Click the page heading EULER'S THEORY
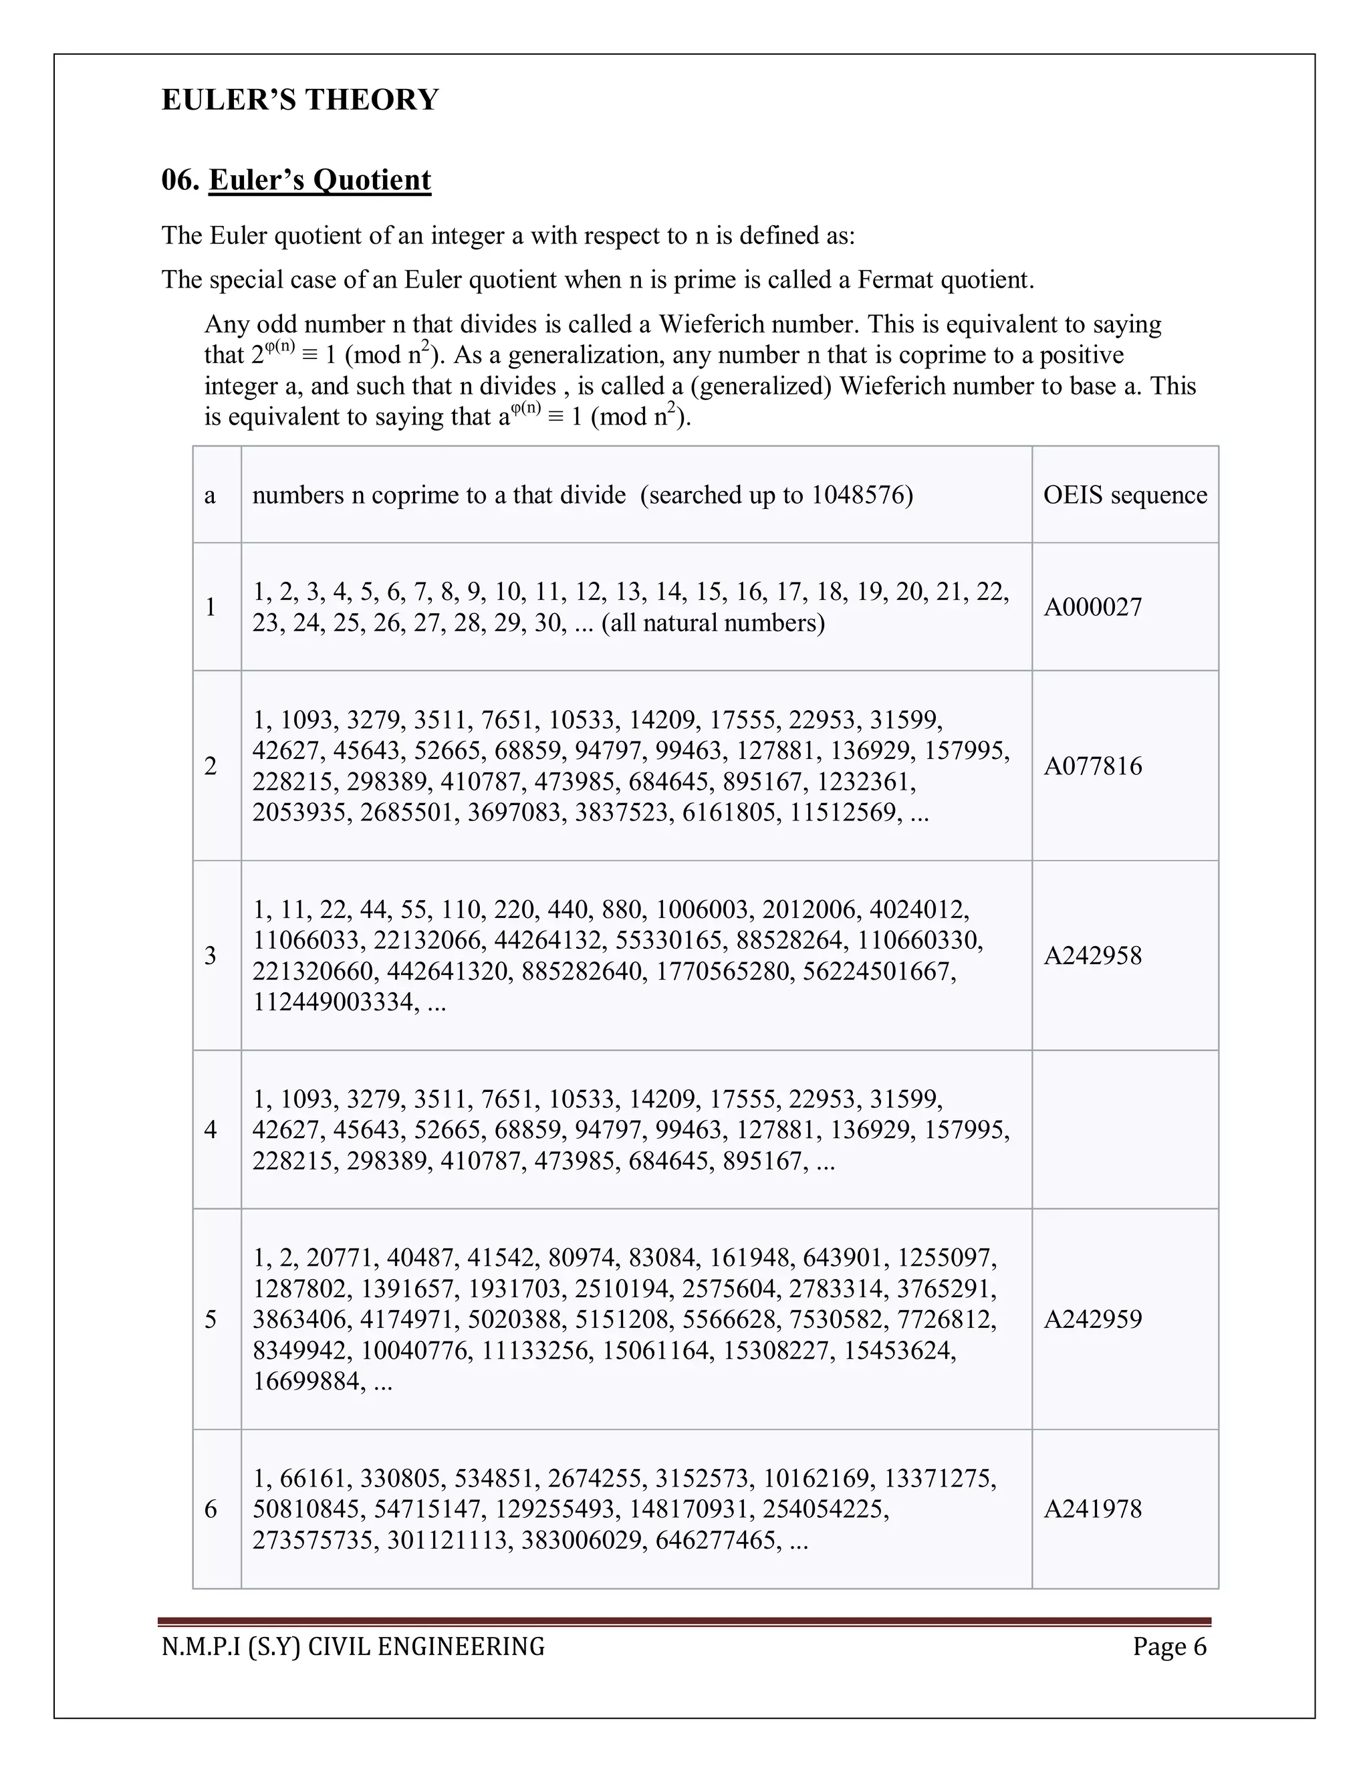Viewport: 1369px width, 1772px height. click(x=300, y=100)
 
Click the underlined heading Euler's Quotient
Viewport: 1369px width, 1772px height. click(x=320, y=179)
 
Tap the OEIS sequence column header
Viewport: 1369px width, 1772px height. click(x=1124, y=495)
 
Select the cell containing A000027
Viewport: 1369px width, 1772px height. click(x=1092, y=607)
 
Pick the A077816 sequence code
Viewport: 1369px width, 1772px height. click(x=1092, y=766)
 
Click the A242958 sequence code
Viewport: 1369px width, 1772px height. click(x=1092, y=956)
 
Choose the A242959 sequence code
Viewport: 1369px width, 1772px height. click(x=1092, y=1319)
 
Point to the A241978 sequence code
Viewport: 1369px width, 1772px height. click(x=1092, y=1509)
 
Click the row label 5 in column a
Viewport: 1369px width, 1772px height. click(x=211, y=1319)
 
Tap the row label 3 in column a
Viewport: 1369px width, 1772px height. click(x=211, y=956)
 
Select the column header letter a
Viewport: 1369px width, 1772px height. click(x=210, y=495)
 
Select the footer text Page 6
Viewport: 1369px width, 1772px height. click(x=1170, y=1647)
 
